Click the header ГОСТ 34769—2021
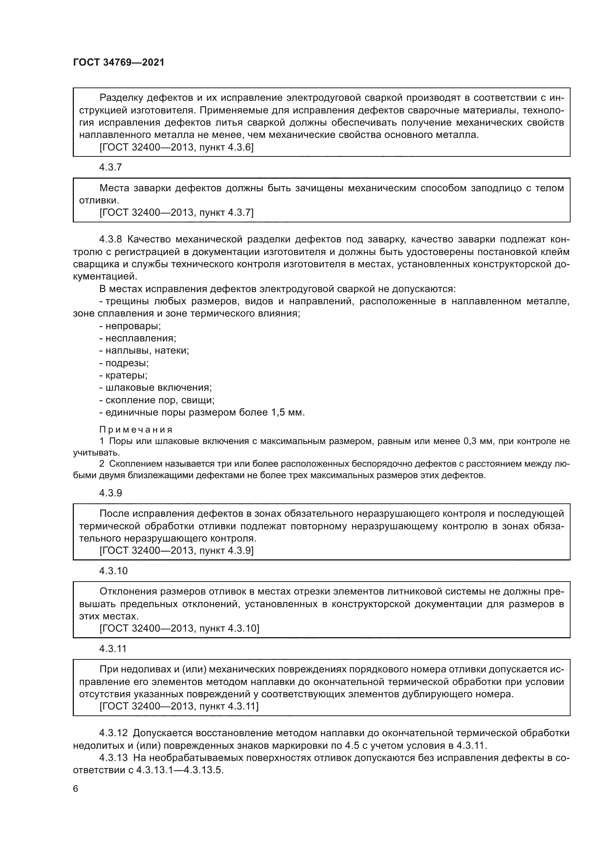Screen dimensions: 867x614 click(x=119, y=62)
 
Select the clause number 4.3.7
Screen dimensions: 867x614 click(x=110, y=167)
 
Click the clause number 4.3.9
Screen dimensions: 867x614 click(x=110, y=493)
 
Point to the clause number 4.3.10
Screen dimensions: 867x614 click(x=114, y=571)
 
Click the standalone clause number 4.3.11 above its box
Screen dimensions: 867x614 click(x=113, y=649)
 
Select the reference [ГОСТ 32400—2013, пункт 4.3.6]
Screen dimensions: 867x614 click(x=176, y=147)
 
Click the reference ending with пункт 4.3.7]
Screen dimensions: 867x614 click(x=176, y=213)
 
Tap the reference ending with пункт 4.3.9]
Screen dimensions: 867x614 click(x=176, y=550)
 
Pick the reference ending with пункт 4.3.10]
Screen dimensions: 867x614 click(x=179, y=628)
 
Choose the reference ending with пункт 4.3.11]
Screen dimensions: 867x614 click(x=179, y=706)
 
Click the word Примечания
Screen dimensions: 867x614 click(x=136, y=430)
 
